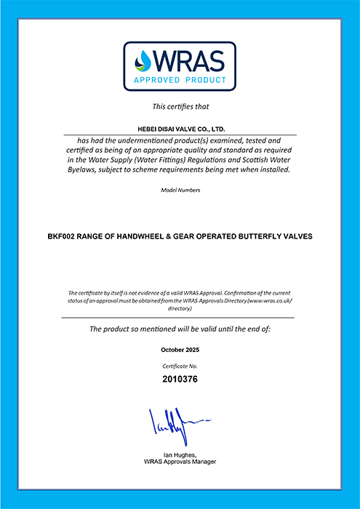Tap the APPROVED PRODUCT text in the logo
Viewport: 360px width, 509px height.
coord(180,80)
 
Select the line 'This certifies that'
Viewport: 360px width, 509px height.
coord(180,106)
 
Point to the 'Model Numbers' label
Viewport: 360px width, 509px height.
coord(180,191)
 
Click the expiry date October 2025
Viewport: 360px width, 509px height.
coord(180,350)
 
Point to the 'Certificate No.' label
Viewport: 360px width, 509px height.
coord(180,366)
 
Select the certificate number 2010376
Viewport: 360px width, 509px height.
coord(180,379)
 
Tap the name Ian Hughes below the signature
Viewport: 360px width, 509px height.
coord(180,455)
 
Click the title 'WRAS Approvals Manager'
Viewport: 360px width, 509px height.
coord(180,462)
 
